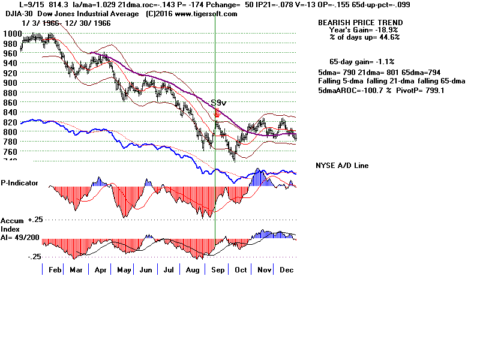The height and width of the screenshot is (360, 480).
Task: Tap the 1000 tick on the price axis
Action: click(x=10, y=34)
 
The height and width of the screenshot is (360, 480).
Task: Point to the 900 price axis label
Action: click(x=10, y=82)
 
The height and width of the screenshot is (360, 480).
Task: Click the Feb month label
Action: click(x=55, y=270)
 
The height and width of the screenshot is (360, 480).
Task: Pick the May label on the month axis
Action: click(x=124, y=270)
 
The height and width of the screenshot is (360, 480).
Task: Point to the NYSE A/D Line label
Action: click(x=342, y=166)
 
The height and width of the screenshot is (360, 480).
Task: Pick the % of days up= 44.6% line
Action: click(x=364, y=37)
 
